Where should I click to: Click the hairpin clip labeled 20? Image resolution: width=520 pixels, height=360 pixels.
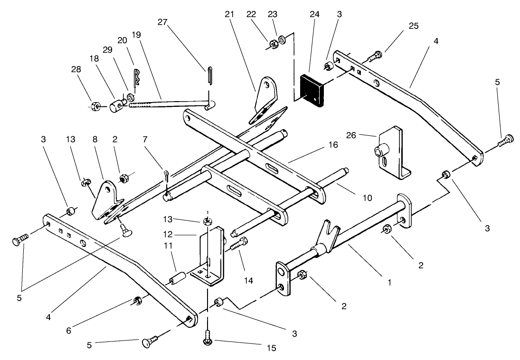pos(137,78)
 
